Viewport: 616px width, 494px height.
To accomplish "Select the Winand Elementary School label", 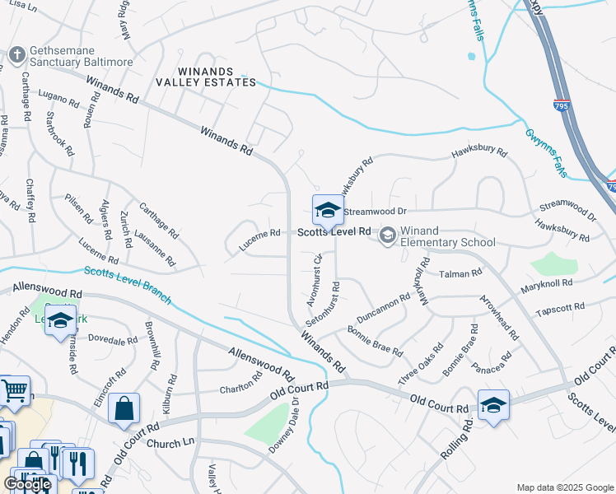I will coord(448,236).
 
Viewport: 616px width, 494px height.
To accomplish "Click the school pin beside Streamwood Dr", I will coord(327,211).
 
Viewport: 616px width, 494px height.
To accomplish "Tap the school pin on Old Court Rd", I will coord(492,406).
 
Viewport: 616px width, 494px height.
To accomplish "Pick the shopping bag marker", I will coord(124,408).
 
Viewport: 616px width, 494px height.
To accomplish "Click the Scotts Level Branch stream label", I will coord(124,281).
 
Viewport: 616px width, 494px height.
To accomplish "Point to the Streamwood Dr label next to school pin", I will coord(375,212).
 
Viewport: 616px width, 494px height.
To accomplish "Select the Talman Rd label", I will coord(460,273).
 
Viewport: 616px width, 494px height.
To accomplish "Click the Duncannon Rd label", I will coord(383,308).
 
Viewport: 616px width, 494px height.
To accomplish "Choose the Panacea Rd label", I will coord(494,363).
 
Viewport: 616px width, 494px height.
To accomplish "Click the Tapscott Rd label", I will coord(559,307).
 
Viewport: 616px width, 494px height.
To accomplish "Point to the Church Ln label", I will coord(169,443).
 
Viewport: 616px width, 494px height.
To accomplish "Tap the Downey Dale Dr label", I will coord(282,426).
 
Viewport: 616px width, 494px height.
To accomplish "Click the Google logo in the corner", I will coord(27,484).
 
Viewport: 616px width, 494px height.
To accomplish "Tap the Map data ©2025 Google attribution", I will coord(565,487).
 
